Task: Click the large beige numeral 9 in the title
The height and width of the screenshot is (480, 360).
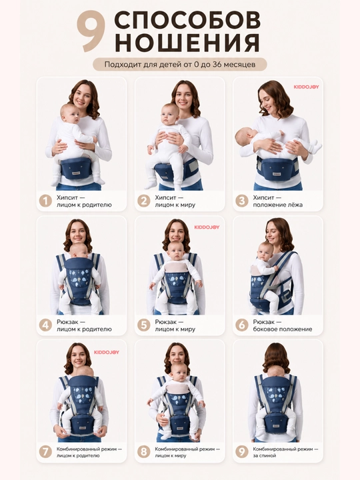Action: pos(91,31)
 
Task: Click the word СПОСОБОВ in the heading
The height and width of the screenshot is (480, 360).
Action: pos(187,20)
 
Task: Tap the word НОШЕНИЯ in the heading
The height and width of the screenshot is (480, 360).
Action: pos(187,43)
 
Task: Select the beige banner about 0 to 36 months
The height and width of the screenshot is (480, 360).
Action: pos(180,64)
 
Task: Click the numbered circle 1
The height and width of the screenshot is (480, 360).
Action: pos(45,201)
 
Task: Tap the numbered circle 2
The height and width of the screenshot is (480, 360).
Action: pos(143,201)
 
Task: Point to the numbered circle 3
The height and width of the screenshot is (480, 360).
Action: pos(241,201)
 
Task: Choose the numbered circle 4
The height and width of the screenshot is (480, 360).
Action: pos(45,325)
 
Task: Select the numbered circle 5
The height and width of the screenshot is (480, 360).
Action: pos(143,325)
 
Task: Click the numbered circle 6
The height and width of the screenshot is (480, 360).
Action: pos(241,325)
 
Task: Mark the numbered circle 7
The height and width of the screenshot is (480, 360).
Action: pos(45,452)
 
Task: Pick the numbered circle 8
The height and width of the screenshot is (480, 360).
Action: pos(143,452)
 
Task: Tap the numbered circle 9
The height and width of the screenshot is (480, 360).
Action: pos(241,452)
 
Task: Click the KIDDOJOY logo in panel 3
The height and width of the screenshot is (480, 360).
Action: pos(307,87)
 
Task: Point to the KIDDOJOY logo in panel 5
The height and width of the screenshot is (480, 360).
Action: pos(207,227)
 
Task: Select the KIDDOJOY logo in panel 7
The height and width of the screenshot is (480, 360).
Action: pos(107,353)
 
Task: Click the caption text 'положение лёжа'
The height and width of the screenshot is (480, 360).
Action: pos(277,205)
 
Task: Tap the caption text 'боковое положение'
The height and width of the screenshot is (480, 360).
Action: pos(283,329)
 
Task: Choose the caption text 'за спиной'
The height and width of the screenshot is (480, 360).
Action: pos(265,455)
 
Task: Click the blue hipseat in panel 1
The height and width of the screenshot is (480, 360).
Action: pos(77,169)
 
